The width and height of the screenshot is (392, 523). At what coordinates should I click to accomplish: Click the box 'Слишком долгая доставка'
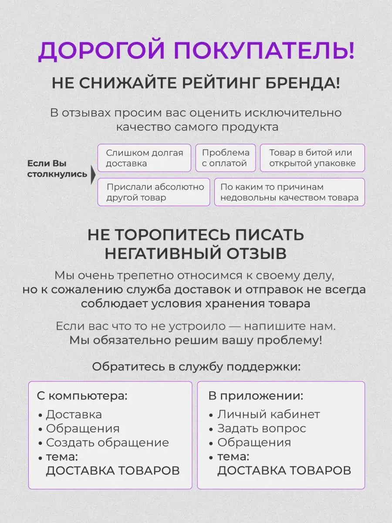pos(144,158)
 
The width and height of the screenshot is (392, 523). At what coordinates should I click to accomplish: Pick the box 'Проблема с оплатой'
pos(225,158)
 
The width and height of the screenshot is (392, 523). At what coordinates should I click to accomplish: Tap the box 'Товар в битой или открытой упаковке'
pos(312,158)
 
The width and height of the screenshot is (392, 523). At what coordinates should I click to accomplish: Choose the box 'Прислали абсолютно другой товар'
pos(154,192)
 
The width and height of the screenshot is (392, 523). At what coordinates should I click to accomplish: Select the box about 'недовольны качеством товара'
pos(289,192)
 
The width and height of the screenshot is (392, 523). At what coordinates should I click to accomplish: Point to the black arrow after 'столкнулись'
pos(93,175)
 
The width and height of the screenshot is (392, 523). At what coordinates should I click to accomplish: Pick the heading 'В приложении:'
pos(256,396)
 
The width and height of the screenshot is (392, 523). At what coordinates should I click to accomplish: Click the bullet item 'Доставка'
pos(74,414)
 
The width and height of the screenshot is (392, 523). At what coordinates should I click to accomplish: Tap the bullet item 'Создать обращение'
pos(107,442)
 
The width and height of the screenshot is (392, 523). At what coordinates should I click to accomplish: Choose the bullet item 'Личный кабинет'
pos(269,414)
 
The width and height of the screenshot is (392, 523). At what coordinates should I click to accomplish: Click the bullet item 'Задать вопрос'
pos(262,428)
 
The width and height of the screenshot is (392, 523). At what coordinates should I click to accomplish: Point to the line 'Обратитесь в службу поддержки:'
pos(196,367)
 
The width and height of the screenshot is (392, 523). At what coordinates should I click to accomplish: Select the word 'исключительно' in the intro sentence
pos(293,113)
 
